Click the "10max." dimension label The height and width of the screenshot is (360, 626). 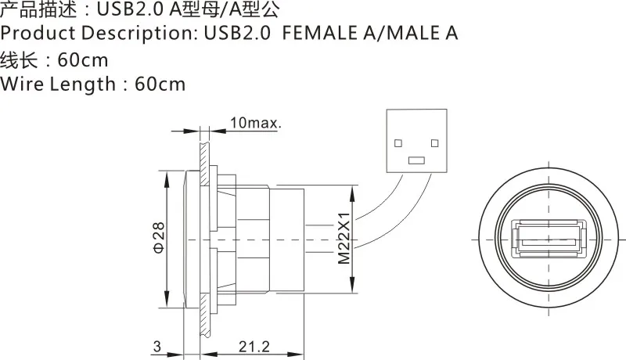pos(256,123)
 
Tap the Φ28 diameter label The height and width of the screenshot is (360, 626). pos(158,237)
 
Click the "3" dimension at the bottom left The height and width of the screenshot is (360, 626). pos(156,346)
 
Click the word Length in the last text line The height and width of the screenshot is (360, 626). pos(82,84)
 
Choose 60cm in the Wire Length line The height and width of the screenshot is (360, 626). pos(160,84)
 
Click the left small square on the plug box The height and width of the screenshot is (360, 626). pos(398,143)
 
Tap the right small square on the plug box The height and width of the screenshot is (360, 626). pos(435,143)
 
